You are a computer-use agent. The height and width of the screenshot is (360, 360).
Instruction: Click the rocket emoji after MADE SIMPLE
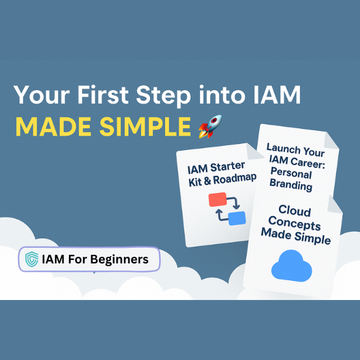coord(210,127)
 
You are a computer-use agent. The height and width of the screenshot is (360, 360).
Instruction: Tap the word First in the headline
coord(103,95)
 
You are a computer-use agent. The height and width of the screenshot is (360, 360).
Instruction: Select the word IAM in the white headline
coord(277,95)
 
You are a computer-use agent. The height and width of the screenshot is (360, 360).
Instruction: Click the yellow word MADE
coord(53,127)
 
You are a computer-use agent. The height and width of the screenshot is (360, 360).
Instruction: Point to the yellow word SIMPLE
coord(145,127)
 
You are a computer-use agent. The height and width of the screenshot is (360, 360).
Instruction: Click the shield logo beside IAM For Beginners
coord(32,259)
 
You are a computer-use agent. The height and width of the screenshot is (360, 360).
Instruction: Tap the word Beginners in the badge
coord(119,260)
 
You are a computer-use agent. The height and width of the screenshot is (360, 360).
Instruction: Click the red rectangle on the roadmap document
coord(217,200)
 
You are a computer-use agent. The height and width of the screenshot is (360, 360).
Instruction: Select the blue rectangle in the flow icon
coord(237,218)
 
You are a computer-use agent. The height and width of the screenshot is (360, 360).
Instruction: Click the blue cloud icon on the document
coord(292,266)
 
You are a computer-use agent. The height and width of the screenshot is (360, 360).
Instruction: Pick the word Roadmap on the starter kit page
coord(235,179)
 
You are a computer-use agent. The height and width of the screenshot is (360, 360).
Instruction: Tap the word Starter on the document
coord(227,166)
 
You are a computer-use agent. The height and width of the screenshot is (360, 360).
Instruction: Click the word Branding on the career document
coord(291,185)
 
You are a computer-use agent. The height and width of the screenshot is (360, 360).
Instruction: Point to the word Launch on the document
coord(283,148)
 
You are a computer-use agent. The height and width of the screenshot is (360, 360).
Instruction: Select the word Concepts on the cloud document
coord(295,223)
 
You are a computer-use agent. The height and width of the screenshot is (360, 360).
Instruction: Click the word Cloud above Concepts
coord(295,211)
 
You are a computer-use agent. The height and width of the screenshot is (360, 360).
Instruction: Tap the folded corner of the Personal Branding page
coord(330,140)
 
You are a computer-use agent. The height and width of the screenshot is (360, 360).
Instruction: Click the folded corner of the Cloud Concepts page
coord(335,205)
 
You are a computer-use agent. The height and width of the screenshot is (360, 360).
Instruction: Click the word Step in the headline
coord(163,96)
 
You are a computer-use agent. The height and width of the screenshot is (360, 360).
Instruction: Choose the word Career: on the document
coord(307,163)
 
